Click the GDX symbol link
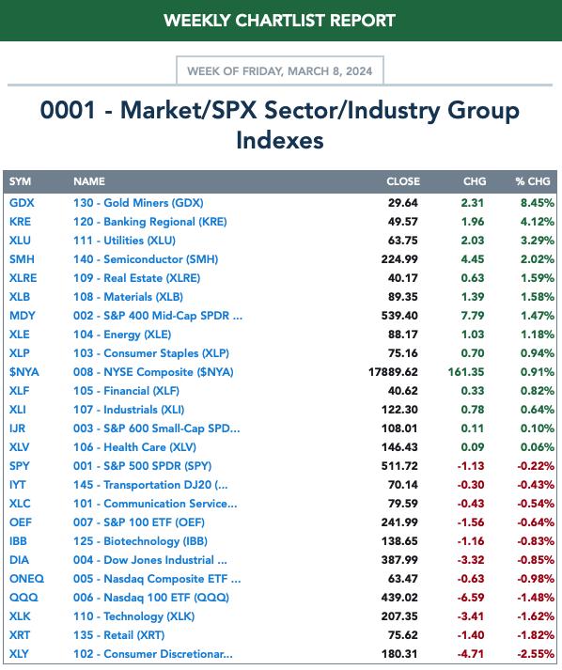click(22, 203)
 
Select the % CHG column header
click(533, 181)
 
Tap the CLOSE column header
click(403, 181)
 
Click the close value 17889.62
click(393, 372)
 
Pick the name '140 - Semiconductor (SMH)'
click(146, 259)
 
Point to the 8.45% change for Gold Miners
click(538, 203)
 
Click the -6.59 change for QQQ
click(471, 598)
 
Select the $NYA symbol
click(23, 372)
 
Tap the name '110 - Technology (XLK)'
click(133, 616)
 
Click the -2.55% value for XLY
click(536, 654)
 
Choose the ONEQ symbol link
click(26, 579)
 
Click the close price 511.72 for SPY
click(399, 466)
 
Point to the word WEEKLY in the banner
click(197, 21)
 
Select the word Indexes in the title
click(280, 140)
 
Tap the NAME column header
click(89, 181)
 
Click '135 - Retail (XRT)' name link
click(118, 635)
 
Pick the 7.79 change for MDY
click(473, 316)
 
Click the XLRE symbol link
click(23, 278)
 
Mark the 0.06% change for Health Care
click(538, 447)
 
